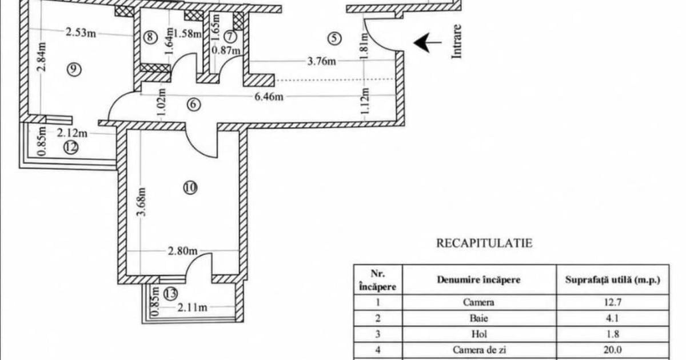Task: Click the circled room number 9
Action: point(74,69)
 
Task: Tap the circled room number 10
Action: point(190,187)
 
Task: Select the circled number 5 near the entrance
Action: point(334,39)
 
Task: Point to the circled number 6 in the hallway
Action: point(194,105)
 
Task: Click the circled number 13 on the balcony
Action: point(170,294)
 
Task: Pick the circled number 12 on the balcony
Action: point(71,147)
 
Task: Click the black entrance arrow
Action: point(428,42)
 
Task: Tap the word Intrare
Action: point(456,41)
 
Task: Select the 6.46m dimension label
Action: point(269,97)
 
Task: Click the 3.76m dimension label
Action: point(321,61)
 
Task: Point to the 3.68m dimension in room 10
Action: point(142,202)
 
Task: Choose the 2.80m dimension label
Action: point(182,251)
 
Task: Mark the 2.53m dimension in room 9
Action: point(81,32)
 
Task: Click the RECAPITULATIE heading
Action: point(484,243)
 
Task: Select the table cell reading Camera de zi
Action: point(479,350)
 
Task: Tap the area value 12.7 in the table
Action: point(612,302)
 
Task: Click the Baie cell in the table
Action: point(479,318)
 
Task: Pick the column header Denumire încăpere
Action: point(478,280)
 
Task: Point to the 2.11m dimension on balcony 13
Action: point(192,307)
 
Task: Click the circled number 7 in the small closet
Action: point(230,37)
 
